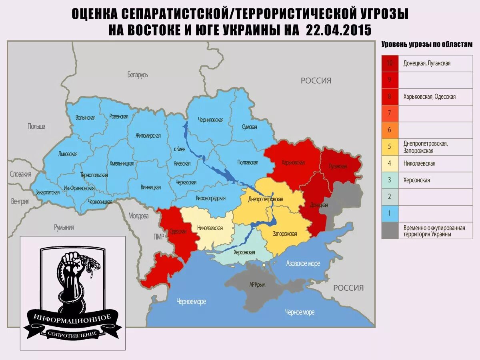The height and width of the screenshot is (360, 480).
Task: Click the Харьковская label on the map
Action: click(x=293, y=163)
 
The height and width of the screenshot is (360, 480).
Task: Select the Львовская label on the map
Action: click(x=67, y=154)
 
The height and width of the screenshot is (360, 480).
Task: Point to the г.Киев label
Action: click(x=180, y=150)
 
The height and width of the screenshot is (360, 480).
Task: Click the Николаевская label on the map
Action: click(x=210, y=228)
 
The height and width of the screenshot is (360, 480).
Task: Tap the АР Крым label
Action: click(x=258, y=285)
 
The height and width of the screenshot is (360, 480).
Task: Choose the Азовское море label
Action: click(x=303, y=263)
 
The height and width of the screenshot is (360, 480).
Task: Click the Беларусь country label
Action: click(x=138, y=75)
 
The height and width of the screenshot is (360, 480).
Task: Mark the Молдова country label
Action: click(x=138, y=216)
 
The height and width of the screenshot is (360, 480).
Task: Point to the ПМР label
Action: click(x=159, y=237)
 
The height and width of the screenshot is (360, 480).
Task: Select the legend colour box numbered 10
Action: click(x=390, y=63)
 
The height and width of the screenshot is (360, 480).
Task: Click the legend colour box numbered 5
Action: click(x=390, y=147)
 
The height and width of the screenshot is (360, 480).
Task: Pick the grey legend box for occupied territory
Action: click(x=390, y=231)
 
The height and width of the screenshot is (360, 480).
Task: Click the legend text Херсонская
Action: click(x=416, y=180)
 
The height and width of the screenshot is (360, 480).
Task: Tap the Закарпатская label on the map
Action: click(x=47, y=192)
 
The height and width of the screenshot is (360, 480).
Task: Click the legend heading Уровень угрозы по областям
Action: click(x=427, y=45)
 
